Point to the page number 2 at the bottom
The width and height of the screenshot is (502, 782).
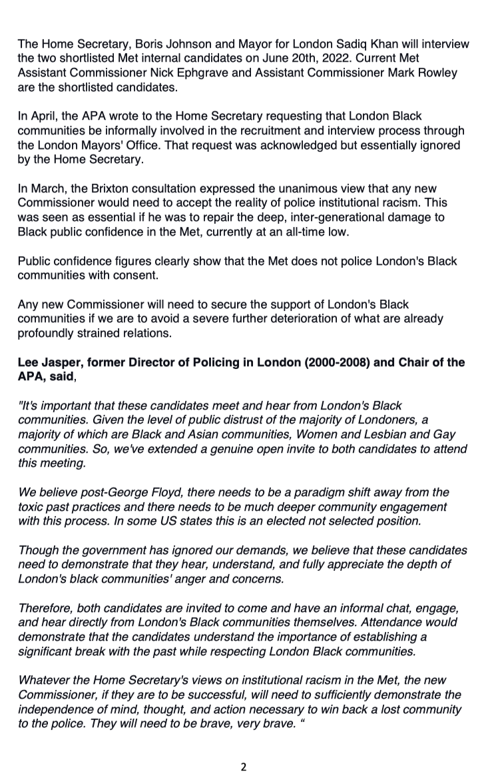coord(243,767)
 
